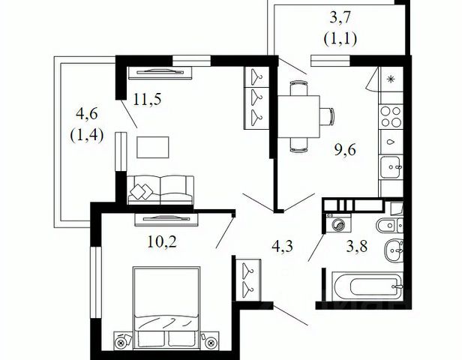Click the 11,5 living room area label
pos(147,99)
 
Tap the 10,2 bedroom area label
pos(162,242)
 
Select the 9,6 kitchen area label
pos(345,150)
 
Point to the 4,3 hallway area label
pos(282,246)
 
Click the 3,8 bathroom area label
pos(357,246)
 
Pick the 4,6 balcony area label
pos(87,114)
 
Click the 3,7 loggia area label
pos(340,17)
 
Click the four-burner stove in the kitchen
pos(391,117)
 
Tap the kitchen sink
pos(391,167)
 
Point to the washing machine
pos(337,225)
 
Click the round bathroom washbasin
pos(393,250)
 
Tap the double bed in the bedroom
pos(166,307)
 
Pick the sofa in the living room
pos(160,190)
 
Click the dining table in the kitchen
pos(298,117)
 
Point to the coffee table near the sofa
pos(153,147)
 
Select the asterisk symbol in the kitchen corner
pos(391,79)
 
